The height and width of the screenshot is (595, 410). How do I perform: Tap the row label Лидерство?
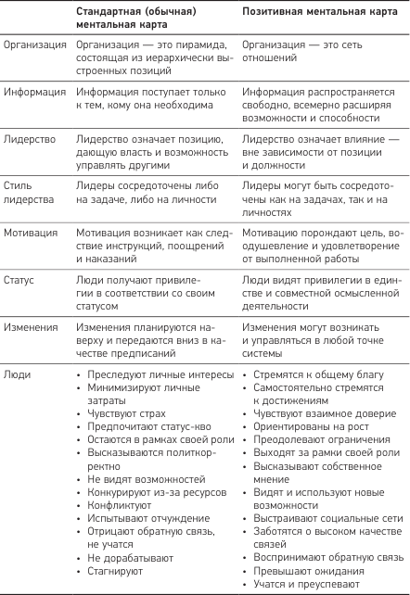(x=31, y=138)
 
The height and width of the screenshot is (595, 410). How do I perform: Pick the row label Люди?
(x=18, y=374)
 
